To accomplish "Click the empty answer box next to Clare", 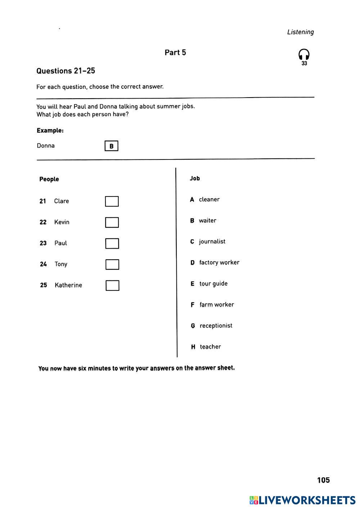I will (112, 201).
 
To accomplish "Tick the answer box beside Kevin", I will (112, 222).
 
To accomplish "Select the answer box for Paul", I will (112, 243).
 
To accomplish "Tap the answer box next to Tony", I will (112, 265).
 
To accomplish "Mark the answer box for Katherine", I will (112, 285).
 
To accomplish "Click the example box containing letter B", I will (111, 146).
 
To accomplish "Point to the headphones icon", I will (304, 55).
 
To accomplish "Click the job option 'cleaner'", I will (209, 199).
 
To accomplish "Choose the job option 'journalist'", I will (212, 242).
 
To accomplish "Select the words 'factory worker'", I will (219, 262).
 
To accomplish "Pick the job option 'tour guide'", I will (213, 284).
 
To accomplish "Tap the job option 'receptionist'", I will (216, 326).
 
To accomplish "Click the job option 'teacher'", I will (210, 347).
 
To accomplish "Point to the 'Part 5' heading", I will (175, 53).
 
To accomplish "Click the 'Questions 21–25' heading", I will (66, 71).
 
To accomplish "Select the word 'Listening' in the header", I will (300, 32).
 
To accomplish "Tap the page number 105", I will (323, 480).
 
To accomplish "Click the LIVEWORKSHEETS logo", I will (302, 500).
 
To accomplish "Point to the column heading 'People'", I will (49, 179).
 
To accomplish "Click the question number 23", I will (43, 243).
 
